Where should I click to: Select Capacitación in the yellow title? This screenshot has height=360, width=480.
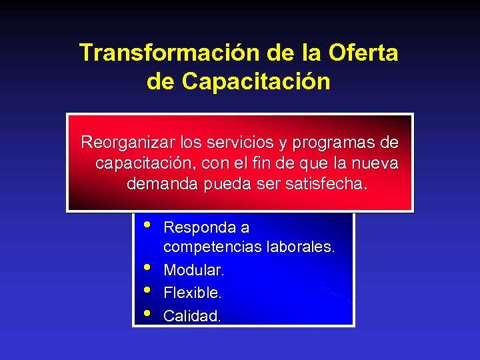255,81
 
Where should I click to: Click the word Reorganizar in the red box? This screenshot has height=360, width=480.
124,143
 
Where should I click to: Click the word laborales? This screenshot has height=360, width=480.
300,247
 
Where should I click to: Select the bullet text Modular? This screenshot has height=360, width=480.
194,271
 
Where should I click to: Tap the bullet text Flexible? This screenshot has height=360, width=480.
193,293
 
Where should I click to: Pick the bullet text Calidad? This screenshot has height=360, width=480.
192,316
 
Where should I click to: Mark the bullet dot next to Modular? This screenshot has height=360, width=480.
147,267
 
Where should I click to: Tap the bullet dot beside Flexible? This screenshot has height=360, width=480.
147,290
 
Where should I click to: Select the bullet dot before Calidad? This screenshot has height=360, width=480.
147,313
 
